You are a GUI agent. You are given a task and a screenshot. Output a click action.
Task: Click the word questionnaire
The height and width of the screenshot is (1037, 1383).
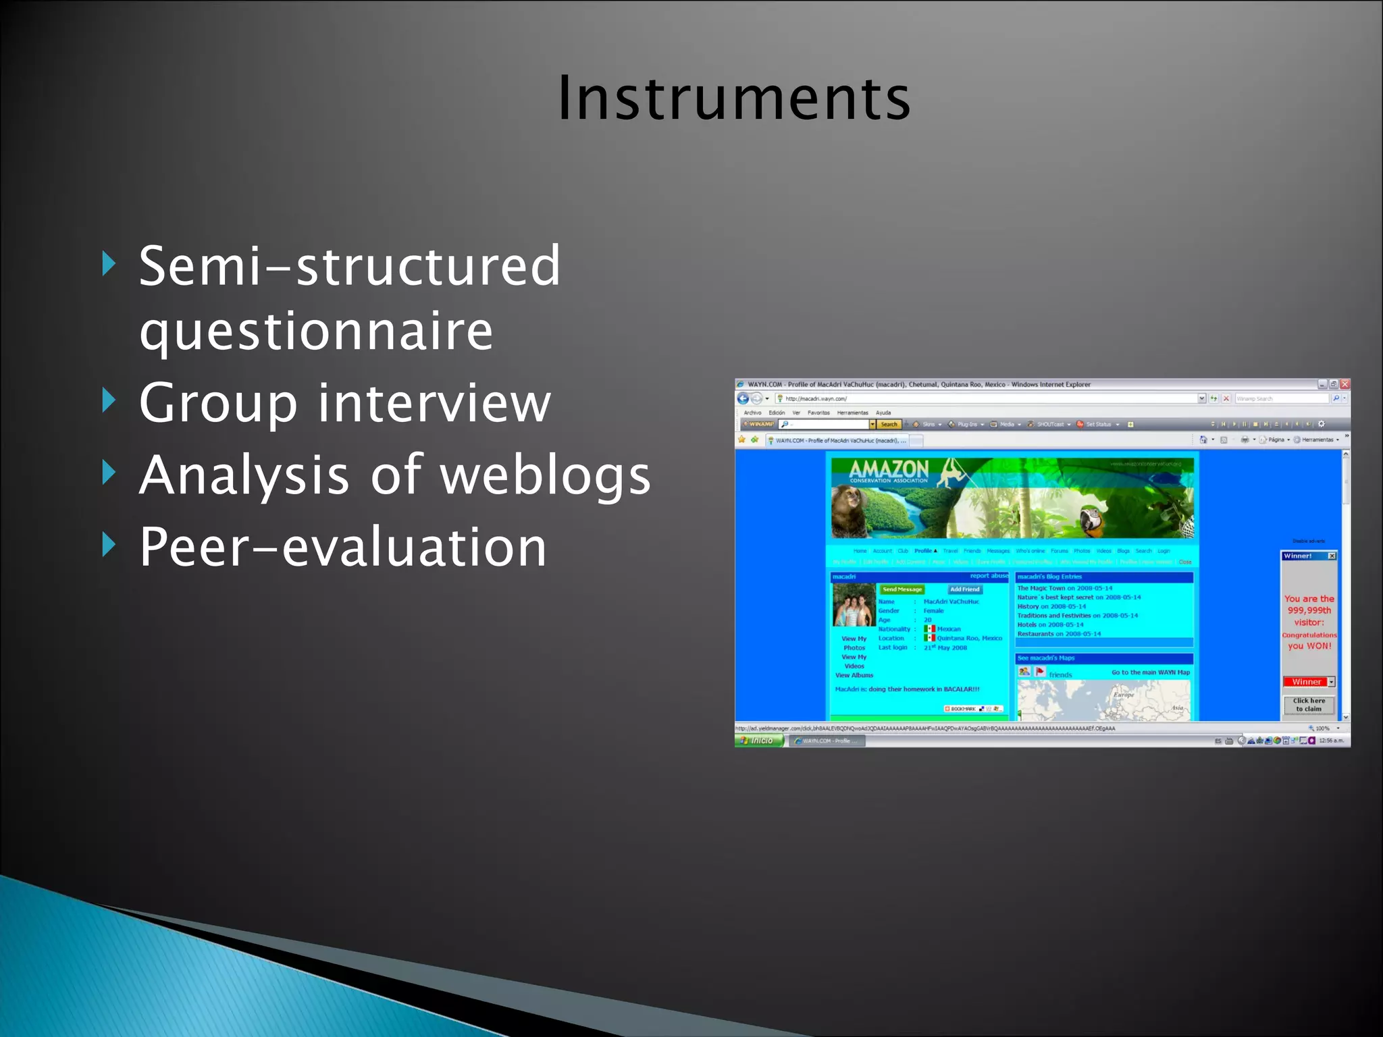coord(316,331)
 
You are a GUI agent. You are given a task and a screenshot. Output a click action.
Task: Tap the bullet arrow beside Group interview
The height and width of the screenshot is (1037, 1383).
coord(109,400)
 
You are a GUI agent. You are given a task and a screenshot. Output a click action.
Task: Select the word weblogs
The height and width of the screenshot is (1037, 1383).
coord(546,475)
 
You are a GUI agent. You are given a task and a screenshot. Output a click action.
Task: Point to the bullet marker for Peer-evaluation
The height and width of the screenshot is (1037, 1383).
coord(109,544)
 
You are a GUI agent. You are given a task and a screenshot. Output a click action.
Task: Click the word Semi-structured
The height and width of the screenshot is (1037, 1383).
coord(349,265)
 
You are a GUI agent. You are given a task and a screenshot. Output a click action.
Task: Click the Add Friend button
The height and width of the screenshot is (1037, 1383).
coord(964,589)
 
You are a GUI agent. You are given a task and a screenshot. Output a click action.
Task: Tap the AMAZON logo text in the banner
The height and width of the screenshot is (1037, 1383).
coord(889,469)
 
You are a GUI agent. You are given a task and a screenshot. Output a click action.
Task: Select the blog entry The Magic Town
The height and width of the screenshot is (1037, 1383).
coord(1064,588)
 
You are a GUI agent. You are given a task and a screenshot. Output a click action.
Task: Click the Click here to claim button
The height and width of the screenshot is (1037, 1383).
coord(1309,705)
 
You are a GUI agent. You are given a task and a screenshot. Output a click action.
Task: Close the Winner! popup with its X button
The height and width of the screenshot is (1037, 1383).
coord(1332,556)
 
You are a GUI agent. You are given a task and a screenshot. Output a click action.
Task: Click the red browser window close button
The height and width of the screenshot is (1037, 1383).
coord(1345,384)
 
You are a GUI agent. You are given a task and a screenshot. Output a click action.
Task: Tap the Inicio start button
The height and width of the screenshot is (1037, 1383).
coord(759,741)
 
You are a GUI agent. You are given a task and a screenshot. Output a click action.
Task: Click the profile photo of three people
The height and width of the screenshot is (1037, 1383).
coord(854,606)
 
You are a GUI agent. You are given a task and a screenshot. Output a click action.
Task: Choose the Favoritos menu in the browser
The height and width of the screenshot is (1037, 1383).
coord(818,413)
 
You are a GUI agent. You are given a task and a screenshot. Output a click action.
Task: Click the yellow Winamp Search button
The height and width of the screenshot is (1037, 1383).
coord(889,425)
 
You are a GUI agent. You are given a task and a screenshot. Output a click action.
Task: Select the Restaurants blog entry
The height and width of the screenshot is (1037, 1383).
coord(1059,634)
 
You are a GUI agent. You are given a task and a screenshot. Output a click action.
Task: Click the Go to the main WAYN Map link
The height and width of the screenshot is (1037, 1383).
coord(1151,672)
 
